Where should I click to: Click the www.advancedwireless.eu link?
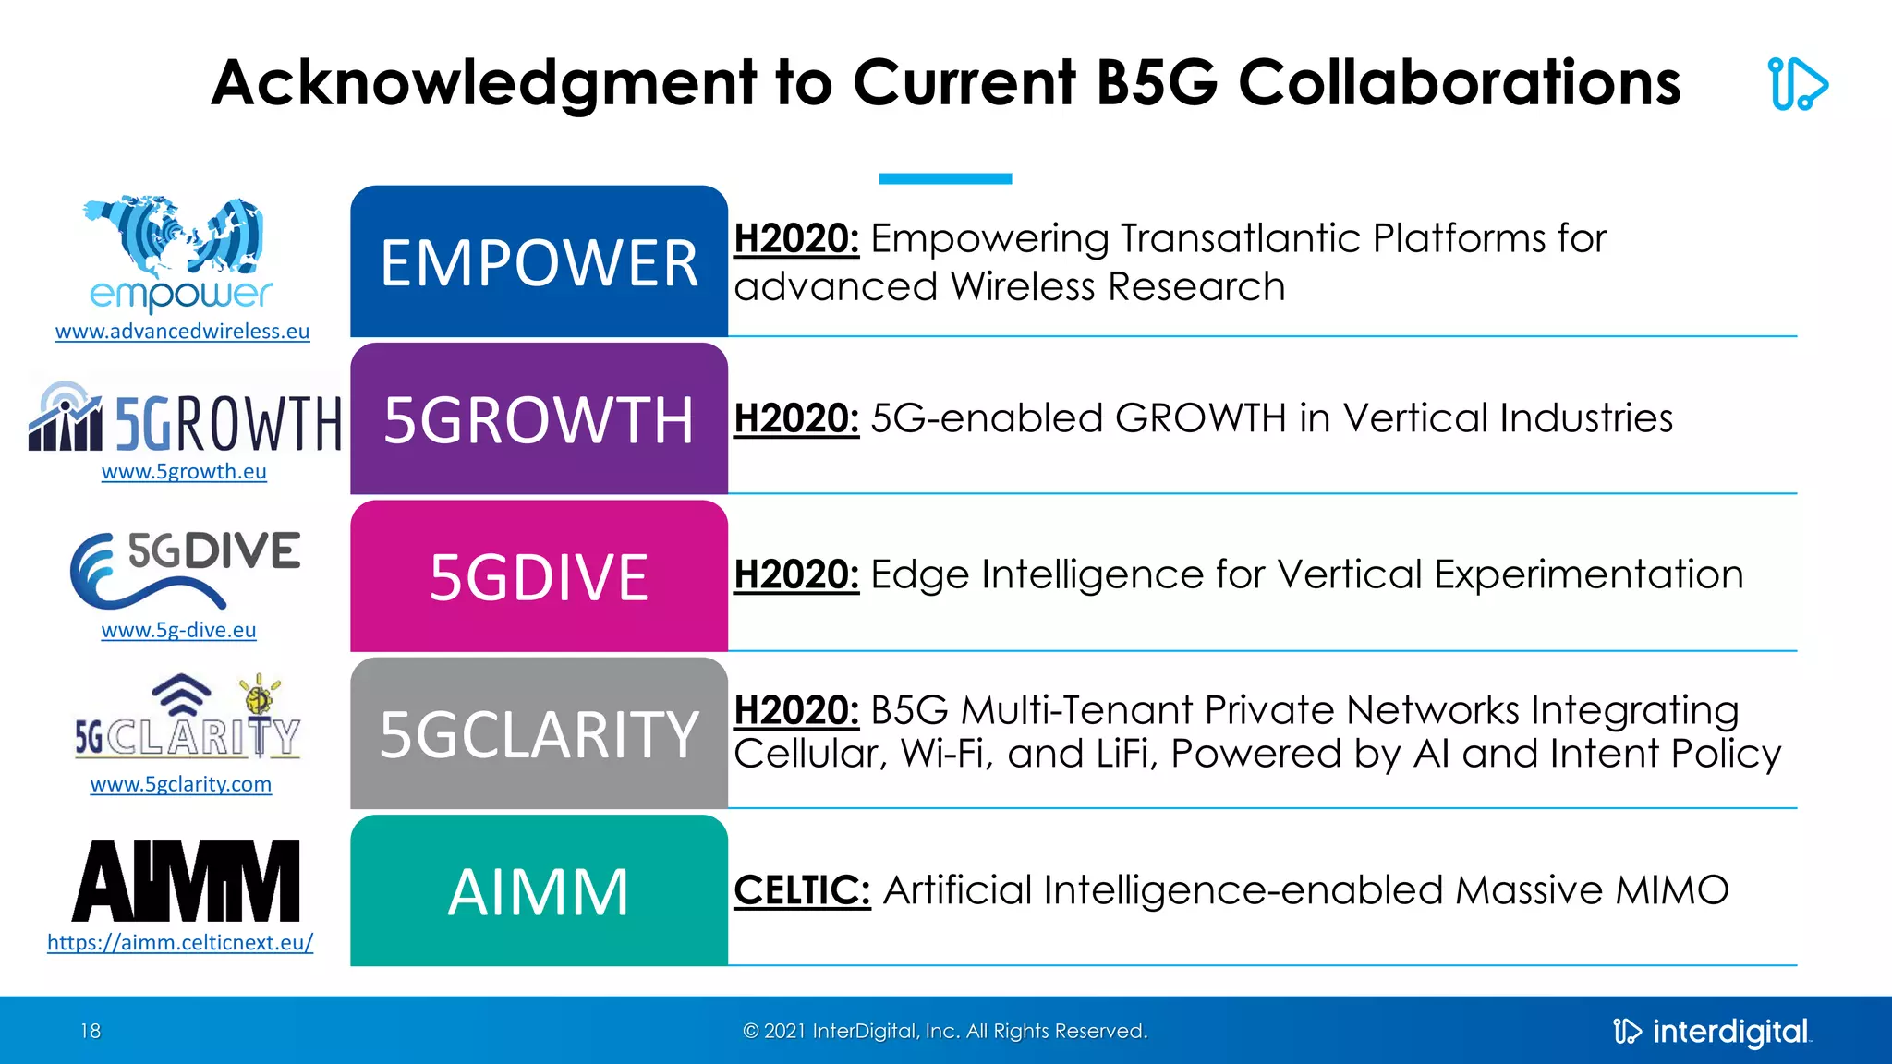[182, 332]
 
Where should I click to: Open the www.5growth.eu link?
[184, 472]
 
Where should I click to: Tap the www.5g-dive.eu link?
[178, 631]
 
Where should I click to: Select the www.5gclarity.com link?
[181, 785]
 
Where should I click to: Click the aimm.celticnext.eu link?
[180, 943]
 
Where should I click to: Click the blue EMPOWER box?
[539, 262]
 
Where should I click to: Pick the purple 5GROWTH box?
[539, 419]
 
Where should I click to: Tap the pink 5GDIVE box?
[539, 577]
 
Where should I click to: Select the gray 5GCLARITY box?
[539, 734]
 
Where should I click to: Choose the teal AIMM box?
[539, 891]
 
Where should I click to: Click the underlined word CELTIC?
[802, 890]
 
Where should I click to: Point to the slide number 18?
[91, 1031]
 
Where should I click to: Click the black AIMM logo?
[186, 881]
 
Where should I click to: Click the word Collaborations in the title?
[1459, 83]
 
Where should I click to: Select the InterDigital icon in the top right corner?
[1797, 84]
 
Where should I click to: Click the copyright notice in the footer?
[945, 1031]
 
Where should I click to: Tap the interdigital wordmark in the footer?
[1729, 1032]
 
